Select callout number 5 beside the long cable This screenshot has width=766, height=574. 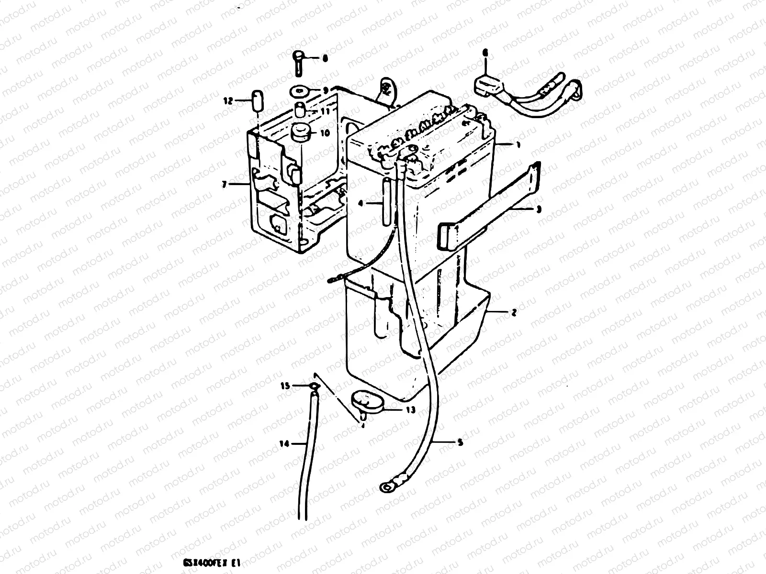pyautogui.click(x=461, y=443)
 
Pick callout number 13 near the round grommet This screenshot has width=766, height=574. pyautogui.click(x=410, y=410)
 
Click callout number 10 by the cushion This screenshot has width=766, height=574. pyautogui.click(x=325, y=133)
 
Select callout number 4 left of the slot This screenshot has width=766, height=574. pyautogui.click(x=361, y=202)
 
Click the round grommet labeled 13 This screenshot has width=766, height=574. pyautogui.click(x=366, y=401)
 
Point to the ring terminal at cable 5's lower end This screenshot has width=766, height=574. pyautogui.click(x=384, y=487)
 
